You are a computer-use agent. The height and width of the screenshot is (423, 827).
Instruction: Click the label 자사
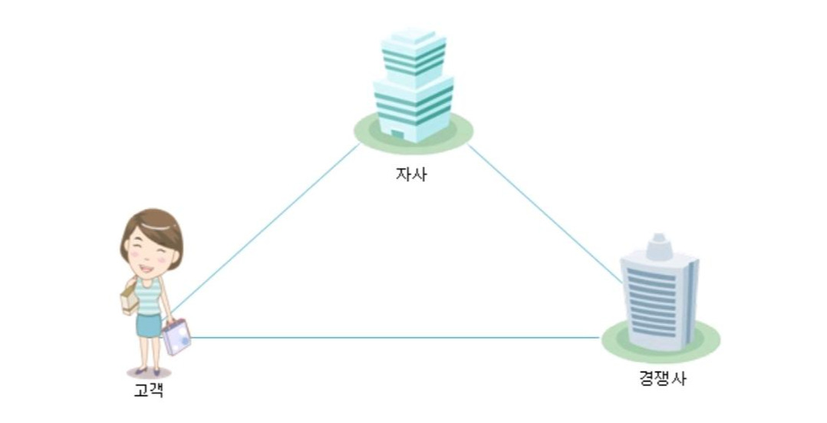point(411,174)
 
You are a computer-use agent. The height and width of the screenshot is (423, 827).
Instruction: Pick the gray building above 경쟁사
point(658,296)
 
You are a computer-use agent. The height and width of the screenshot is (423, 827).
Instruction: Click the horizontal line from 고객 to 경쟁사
point(395,337)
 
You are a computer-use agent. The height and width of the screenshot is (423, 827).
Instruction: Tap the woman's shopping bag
point(176,336)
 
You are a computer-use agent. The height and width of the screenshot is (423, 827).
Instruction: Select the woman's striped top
point(150,296)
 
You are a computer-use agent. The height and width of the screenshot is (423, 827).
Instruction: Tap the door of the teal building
point(397,135)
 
